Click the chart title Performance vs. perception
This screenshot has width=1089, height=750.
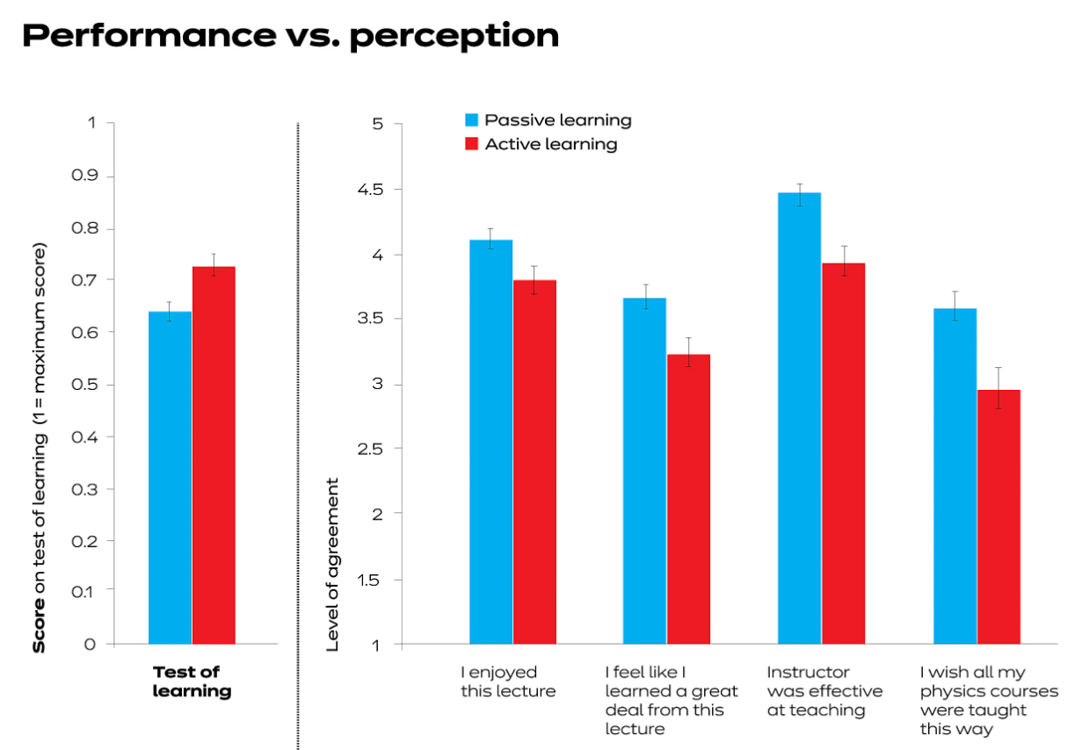(x=290, y=36)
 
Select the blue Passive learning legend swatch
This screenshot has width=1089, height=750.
(x=472, y=120)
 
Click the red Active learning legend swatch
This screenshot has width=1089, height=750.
(x=472, y=144)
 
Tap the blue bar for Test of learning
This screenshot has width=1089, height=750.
(x=170, y=478)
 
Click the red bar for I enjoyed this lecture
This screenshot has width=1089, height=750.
(x=534, y=462)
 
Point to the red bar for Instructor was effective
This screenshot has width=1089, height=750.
(x=843, y=453)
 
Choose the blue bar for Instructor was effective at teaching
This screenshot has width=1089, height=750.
(x=799, y=418)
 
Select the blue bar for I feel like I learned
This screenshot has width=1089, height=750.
(x=644, y=471)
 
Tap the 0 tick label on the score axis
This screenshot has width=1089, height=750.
(x=90, y=644)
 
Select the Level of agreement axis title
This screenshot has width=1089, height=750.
(x=332, y=564)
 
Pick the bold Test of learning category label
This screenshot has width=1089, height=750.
(x=192, y=681)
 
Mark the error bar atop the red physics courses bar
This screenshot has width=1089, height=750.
(x=998, y=387)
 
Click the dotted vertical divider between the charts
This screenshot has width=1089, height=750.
(x=298, y=439)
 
